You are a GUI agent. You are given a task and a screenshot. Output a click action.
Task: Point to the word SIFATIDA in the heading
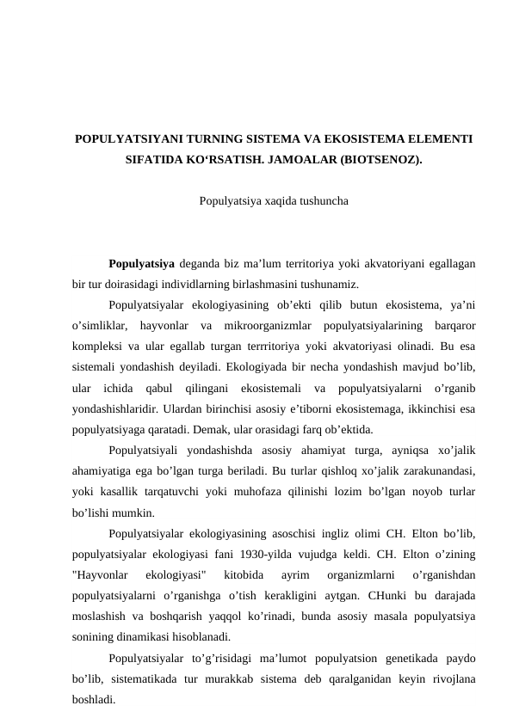click(x=156, y=160)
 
